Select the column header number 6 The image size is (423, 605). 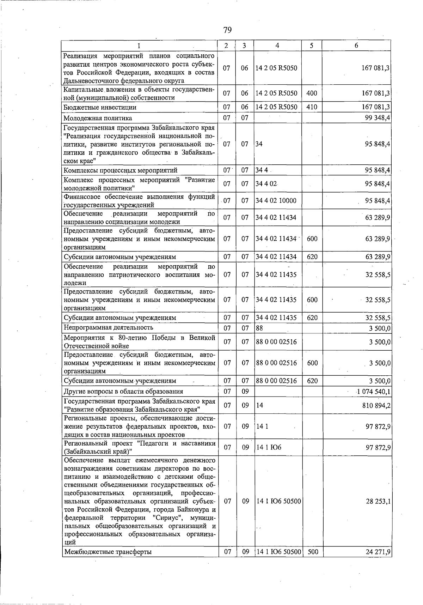coord(356,46)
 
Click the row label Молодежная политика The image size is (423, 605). coord(98,118)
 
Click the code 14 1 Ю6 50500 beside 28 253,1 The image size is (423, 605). coord(278,501)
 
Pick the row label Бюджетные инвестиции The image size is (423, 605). coord(100,107)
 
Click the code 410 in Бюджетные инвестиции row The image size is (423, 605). coord(312,107)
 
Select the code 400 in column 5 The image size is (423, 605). coord(312,93)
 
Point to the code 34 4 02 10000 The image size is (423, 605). coord(276,201)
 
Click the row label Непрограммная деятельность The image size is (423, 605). coord(109,328)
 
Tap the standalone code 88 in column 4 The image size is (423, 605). coord(259,328)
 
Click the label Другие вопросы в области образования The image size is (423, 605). coord(123,391)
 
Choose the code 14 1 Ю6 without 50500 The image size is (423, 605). coord(269,448)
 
